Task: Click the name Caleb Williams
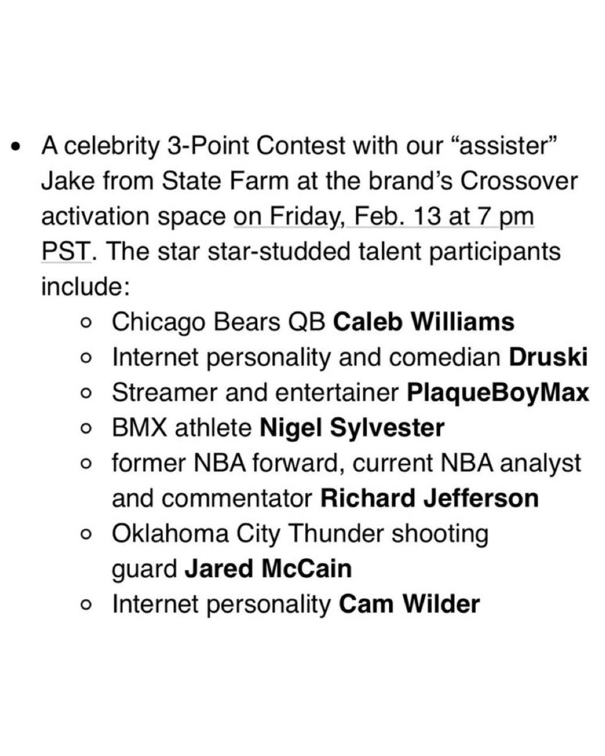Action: pos(423,323)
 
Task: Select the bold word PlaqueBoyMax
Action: pos(497,394)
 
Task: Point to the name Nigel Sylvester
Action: pos(352,429)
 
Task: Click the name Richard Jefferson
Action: pos(430,499)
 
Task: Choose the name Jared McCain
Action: pos(268,570)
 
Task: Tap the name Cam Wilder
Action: pos(410,605)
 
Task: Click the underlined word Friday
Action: pos(293,217)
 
